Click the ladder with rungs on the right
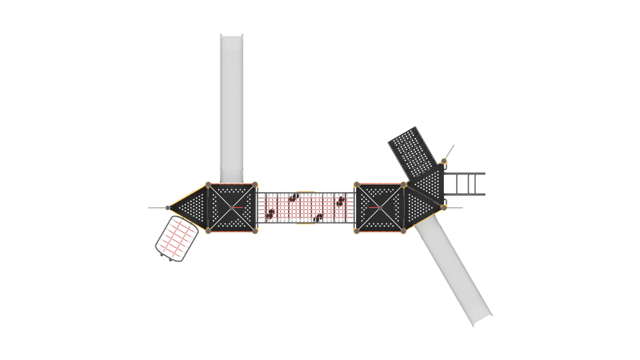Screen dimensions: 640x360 pyautogui.click(x=465, y=183)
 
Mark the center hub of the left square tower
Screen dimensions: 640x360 pyautogui.click(x=233, y=207)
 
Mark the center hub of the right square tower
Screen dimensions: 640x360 pyautogui.click(x=380, y=207)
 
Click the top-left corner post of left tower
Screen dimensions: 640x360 pyautogui.click(x=208, y=183)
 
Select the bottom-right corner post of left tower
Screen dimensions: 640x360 pyautogui.click(x=257, y=232)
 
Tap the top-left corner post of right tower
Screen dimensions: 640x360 pyautogui.click(x=356, y=183)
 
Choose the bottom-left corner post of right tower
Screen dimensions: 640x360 pyautogui.click(x=356, y=232)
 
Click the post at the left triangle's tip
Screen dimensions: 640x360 pyautogui.click(x=166, y=208)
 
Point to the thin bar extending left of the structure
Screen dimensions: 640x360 pyautogui.click(x=155, y=208)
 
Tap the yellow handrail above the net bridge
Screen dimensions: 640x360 pyautogui.click(x=305, y=191)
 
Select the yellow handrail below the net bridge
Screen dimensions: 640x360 pyautogui.click(x=305, y=225)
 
